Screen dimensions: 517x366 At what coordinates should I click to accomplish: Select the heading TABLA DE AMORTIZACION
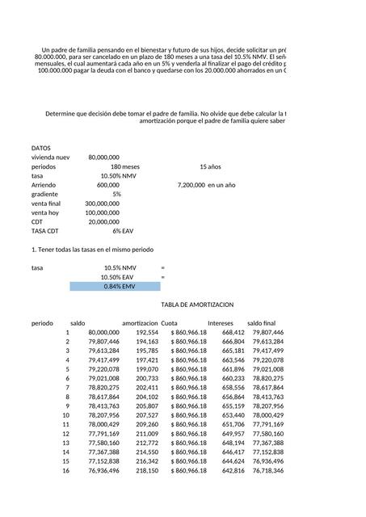[x=197, y=305]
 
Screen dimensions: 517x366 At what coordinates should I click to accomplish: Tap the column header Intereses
[x=221, y=323]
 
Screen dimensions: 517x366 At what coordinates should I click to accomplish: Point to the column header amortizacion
[x=140, y=323]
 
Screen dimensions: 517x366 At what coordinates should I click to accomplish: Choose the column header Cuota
[x=170, y=323]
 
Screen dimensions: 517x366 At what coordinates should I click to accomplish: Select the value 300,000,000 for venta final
[x=102, y=204]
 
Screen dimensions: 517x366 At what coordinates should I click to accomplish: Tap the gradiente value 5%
[x=116, y=194]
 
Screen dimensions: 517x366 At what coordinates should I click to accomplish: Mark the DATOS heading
[x=41, y=148]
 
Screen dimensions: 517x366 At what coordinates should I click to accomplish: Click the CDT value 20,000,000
[x=103, y=221]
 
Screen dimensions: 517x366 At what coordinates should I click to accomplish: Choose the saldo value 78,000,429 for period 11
[x=103, y=424]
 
